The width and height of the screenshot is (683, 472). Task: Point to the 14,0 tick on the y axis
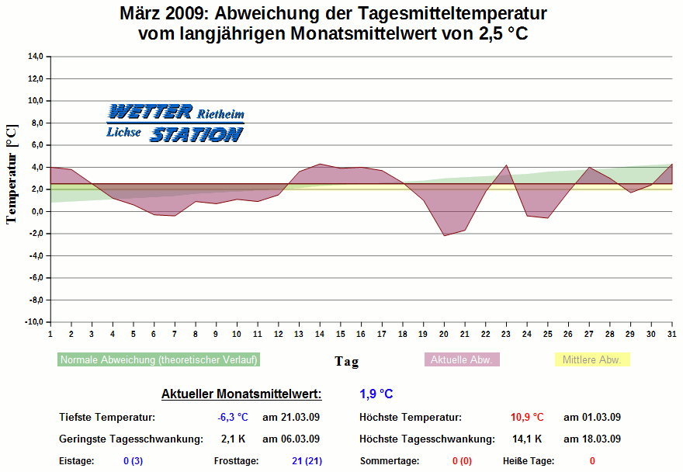click(34, 57)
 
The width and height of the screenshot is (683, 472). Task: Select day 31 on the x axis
click(671, 333)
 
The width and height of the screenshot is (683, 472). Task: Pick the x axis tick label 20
click(444, 333)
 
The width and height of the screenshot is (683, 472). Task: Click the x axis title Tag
click(347, 361)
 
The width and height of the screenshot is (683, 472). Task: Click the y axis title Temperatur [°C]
click(11, 174)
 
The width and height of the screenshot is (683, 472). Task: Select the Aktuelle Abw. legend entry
click(461, 360)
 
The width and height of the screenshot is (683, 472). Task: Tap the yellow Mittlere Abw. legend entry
click(591, 360)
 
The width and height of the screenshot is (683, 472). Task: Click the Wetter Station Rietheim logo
click(175, 123)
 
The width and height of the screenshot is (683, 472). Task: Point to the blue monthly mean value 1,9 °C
click(376, 394)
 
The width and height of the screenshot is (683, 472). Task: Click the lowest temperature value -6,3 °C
click(232, 418)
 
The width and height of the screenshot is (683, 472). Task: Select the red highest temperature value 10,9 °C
click(527, 418)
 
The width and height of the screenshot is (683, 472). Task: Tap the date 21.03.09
click(291, 418)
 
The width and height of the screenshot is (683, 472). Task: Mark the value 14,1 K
click(527, 439)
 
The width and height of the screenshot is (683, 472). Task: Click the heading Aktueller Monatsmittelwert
click(241, 394)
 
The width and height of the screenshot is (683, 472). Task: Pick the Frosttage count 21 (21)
click(307, 461)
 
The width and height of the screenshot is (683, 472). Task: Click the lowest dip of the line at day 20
click(444, 235)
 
